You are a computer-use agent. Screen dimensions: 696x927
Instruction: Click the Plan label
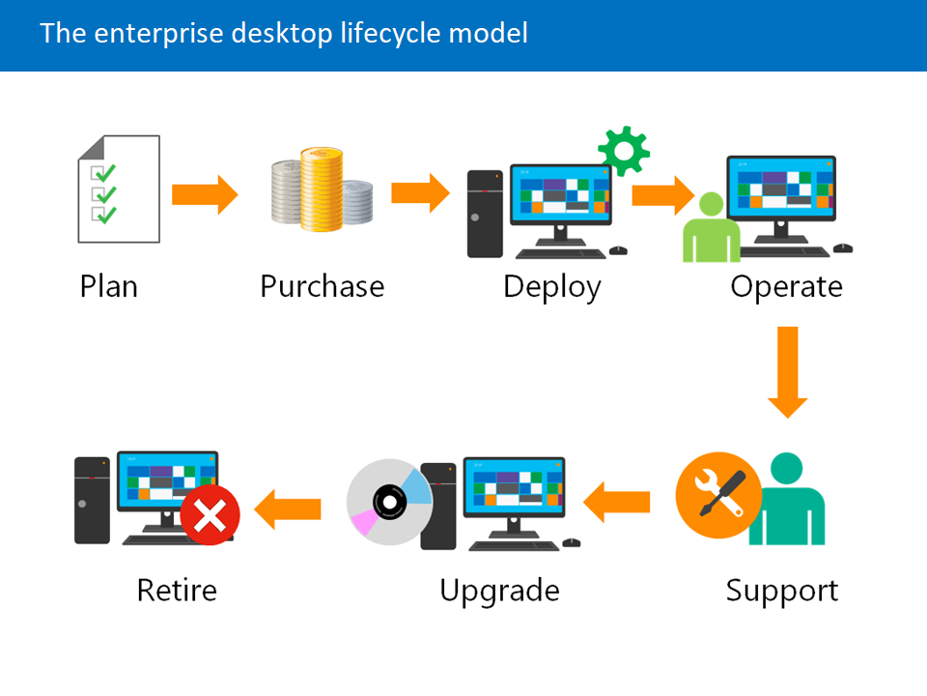(109, 287)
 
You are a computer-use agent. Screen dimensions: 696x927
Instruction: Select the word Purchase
(322, 287)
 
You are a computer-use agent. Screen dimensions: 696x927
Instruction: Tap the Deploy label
(551, 287)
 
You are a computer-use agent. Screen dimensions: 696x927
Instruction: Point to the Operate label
(786, 287)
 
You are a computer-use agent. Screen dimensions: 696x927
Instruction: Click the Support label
(782, 590)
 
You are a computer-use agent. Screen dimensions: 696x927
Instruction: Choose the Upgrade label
(499, 590)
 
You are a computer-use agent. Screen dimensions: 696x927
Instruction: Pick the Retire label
(177, 590)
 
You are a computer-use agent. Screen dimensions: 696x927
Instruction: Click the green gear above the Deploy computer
(623, 150)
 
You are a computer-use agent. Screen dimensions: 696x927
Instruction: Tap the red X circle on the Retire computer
(210, 515)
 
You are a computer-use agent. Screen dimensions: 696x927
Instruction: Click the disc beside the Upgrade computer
(389, 502)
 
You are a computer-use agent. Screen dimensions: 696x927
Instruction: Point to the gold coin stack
(321, 189)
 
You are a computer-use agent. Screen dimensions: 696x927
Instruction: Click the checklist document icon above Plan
(119, 188)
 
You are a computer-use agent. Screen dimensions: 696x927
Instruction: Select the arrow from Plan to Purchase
(205, 194)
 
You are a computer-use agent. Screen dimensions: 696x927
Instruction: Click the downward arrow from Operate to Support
(788, 372)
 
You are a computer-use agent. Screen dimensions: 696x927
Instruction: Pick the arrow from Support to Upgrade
(616, 502)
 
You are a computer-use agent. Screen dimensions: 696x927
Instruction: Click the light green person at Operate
(710, 229)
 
